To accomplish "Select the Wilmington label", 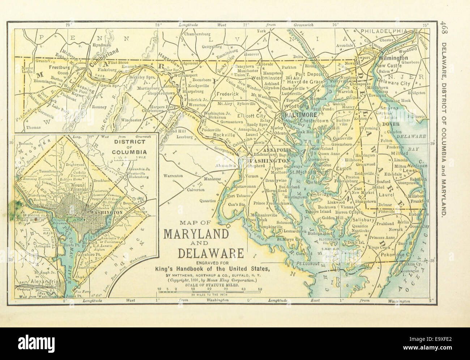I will coord(393,58).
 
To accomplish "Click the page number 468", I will coord(444,29).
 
